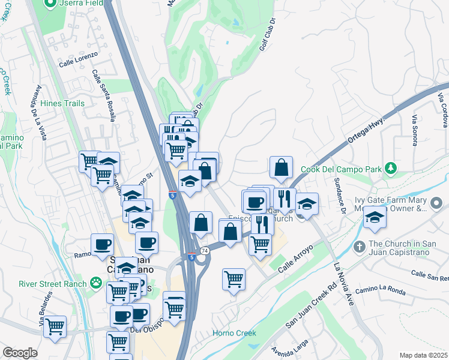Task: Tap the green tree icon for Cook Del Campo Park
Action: (x=391, y=167)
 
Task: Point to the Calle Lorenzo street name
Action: (x=78, y=62)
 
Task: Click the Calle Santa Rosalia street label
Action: (x=103, y=95)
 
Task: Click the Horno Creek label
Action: (x=235, y=333)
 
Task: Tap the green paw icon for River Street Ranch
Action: (x=95, y=282)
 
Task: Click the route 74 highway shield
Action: (x=205, y=250)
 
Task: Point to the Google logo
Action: (x=20, y=353)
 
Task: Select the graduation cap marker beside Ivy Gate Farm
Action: (x=375, y=218)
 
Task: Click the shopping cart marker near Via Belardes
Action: (x=55, y=327)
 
